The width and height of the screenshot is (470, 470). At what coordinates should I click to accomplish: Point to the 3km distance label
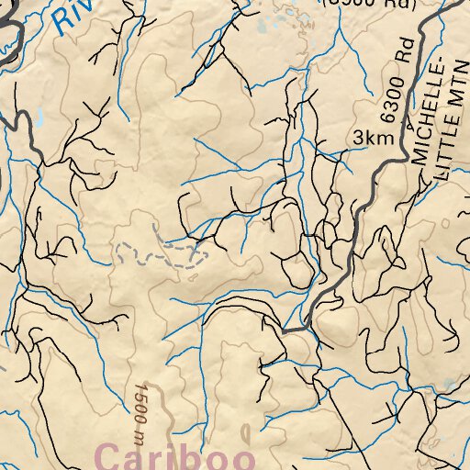tap(371, 138)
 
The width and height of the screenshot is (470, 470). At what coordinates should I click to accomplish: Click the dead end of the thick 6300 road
tap(284, 329)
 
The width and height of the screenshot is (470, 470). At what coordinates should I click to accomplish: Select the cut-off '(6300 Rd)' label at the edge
tap(366, 4)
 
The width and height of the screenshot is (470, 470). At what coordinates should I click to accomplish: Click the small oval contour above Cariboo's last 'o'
tap(245, 431)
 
